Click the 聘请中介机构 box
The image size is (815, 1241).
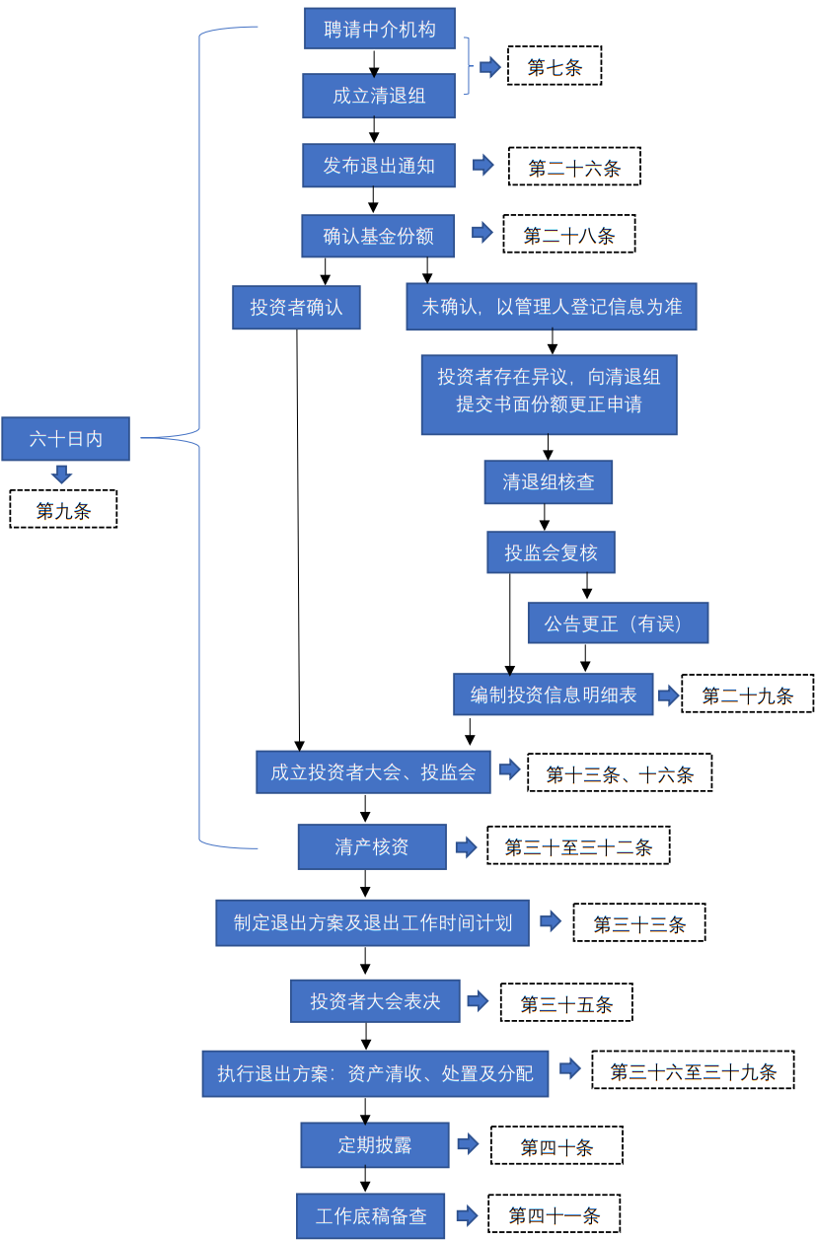[379, 29]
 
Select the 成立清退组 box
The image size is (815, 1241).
[379, 97]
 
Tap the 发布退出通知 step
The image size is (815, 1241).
[379, 166]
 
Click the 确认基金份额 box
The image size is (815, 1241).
[379, 236]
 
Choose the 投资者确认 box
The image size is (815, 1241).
[296, 307]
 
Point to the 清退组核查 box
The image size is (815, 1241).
[548, 482]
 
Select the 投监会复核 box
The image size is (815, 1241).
[551, 552]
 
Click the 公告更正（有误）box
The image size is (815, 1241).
[618, 623]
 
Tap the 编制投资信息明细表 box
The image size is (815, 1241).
[553, 694]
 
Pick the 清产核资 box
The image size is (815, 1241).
[372, 846]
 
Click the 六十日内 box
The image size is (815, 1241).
[65, 439]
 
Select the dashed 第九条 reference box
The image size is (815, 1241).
[63, 510]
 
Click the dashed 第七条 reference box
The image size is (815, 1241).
[555, 67]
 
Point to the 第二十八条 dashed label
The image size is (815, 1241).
[569, 235]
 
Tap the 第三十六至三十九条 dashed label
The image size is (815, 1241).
[693, 1070]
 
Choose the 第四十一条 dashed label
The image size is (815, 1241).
[555, 1215]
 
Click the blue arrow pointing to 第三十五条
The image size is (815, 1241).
[478, 1002]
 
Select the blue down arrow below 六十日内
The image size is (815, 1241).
[62, 474]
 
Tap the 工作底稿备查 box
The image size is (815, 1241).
[371, 1215]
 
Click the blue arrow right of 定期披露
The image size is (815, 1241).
[468, 1145]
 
